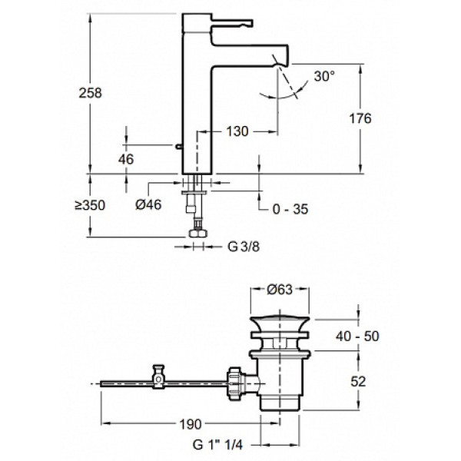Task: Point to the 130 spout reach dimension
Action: coord(237,131)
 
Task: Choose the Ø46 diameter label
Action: coord(146,205)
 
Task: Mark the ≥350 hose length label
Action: coord(89,205)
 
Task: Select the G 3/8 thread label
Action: coord(241,247)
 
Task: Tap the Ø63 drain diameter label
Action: coord(280,290)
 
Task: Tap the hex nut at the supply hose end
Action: coord(197,231)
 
